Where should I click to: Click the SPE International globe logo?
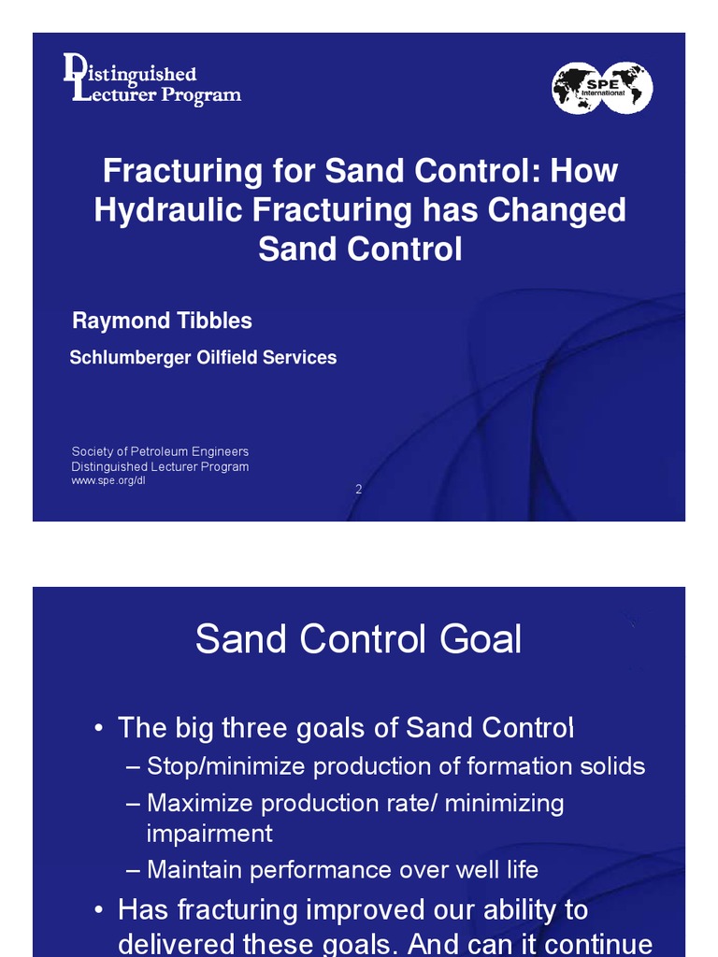tap(602, 88)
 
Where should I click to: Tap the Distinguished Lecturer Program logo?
tap(151, 80)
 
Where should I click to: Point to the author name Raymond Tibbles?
tap(162, 321)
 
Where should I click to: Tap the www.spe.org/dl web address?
tap(108, 480)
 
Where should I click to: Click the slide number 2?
tap(358, 489)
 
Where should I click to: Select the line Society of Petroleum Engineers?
tap(160, 452)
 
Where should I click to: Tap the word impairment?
tap(209, 833)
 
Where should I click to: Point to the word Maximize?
tap(200, 804)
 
